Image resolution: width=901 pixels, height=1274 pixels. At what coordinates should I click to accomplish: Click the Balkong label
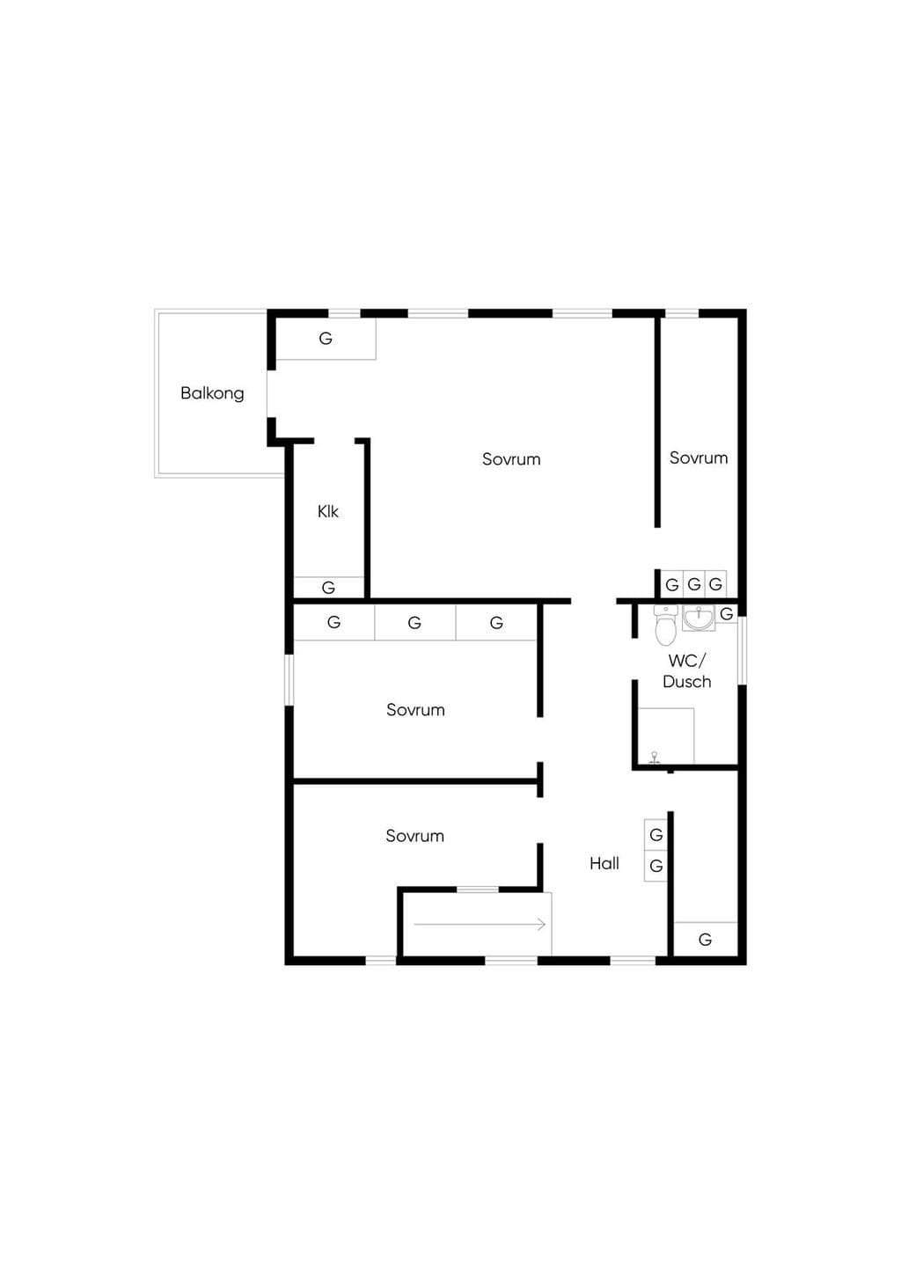point(212,393)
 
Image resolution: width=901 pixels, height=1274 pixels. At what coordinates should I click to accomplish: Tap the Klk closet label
point(327,511)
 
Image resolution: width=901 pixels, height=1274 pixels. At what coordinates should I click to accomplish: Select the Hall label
point(604,863)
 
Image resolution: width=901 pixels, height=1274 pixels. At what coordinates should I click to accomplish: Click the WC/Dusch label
point(687,671)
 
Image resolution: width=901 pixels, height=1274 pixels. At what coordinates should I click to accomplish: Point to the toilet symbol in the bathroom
point(663,625)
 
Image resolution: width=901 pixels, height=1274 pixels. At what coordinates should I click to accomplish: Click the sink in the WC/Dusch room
point(699,619)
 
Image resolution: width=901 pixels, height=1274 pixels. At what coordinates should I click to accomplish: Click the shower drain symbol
point(655,757)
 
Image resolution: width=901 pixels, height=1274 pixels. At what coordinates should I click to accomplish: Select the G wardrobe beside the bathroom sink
point(727,614)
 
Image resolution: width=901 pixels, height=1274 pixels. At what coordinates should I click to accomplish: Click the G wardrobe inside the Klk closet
point(328,588)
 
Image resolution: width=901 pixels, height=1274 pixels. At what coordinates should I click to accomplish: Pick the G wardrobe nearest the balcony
point(326,339)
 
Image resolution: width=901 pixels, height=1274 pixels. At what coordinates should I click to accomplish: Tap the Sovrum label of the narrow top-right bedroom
point(699,458)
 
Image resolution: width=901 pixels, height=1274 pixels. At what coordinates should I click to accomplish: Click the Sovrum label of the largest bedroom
point(511,459)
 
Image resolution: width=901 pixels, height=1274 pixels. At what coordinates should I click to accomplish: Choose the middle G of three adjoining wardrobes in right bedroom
point(693,584)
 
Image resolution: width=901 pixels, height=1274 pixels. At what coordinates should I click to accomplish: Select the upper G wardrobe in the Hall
point(656,835)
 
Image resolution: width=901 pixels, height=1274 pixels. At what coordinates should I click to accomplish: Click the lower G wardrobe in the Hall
point(656,867)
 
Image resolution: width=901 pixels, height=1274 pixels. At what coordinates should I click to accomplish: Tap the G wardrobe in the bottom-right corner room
point(706,940)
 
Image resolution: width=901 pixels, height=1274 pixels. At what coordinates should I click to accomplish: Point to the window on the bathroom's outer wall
point(742,650)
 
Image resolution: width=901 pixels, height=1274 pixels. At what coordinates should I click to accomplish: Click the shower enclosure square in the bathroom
point(665,736)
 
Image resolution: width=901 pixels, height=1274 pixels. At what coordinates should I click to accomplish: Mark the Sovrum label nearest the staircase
point(414,836)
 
